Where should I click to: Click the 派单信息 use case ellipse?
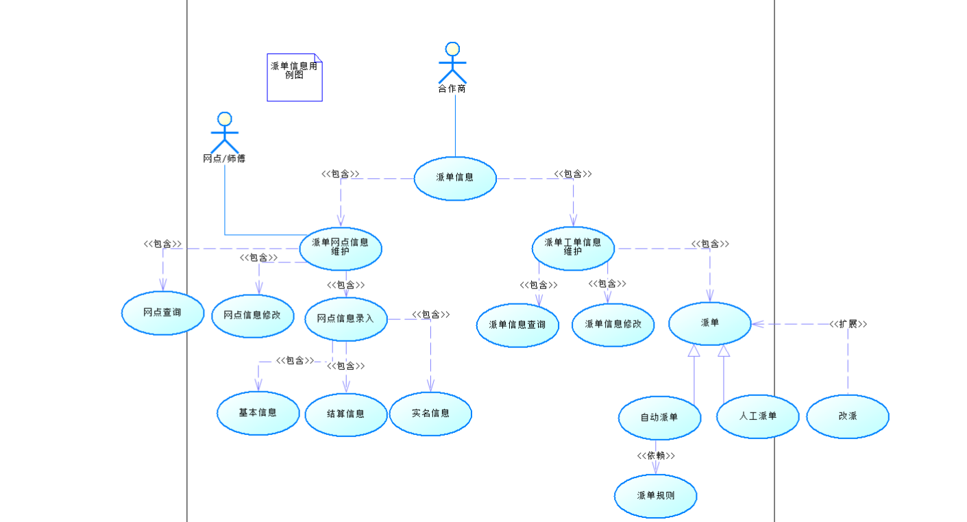coord(455,178)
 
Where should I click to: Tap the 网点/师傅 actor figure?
coord(224,133)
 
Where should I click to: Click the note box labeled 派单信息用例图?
coord(294,77)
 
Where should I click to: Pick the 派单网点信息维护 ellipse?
coord(341,248)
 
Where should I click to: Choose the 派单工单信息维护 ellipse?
coord(573,248)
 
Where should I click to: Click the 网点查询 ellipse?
coord(162,313)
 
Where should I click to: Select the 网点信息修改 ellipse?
coord(252,316)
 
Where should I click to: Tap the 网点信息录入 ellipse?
coord(346,319)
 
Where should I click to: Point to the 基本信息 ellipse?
coord(258,413)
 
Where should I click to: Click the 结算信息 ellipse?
coord(346,414)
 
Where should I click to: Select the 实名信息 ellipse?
coord(430,414)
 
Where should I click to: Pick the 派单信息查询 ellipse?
coord(517,325)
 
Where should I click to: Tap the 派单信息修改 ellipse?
coord(613,324)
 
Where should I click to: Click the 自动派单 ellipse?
coord(659,417)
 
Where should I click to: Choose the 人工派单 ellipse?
coord(758,416)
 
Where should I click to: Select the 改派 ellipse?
coord(848,416)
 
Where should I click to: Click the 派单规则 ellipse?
coord(656,495)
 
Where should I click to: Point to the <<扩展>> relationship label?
coord(848,324)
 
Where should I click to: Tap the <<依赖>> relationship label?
coord(656,456)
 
